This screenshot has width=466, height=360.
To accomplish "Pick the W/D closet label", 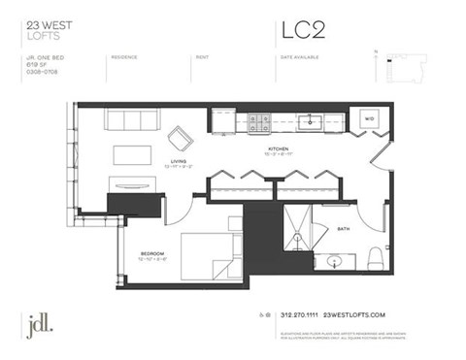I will click(x=368, y=120).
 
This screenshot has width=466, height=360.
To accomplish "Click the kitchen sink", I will click(x=312, y=121).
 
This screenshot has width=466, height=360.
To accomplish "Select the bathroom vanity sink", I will click(x=336, y=261).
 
